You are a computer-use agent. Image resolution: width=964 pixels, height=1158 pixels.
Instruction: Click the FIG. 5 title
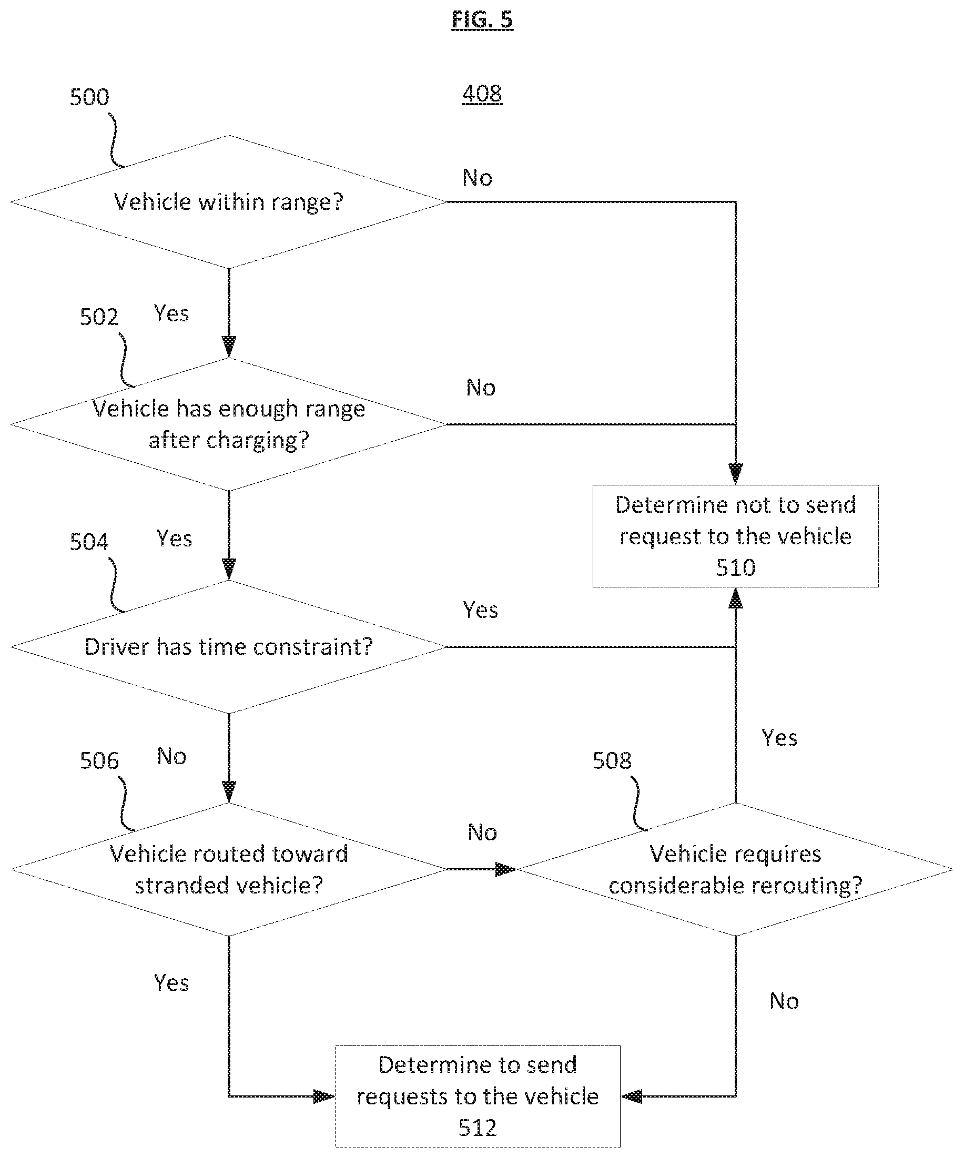pyautogui.click(x=482, y=20)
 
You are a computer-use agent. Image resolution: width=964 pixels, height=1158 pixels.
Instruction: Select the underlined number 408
pyautogui.click(x=482, y=94)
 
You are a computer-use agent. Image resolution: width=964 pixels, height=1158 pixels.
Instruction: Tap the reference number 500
pyautogui.click(x=89, y=97)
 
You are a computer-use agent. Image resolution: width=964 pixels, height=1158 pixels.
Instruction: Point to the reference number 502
pyautogui.click(x=99, y=317)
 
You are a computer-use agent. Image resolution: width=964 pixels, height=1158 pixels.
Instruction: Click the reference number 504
pyautogui.click(x=89, y=542)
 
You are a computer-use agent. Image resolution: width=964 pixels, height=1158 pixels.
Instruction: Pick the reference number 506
pyautogui.click(x=99, y=761)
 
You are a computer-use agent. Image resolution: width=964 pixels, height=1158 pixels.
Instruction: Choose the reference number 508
pyautogui.click(x=612, y=761)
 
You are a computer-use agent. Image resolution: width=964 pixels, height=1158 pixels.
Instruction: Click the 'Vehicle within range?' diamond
pyautogui.click(x=228, y=202)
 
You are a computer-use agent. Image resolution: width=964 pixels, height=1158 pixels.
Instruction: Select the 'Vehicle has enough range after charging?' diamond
pyautogui.click(x=228, y=424)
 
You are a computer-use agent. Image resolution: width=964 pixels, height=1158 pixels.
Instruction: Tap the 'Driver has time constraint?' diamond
pyautogui.click(x=228, y=647)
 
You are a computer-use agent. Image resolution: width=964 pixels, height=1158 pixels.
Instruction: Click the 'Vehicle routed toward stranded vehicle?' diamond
pyautogui.click(x=228, y=870)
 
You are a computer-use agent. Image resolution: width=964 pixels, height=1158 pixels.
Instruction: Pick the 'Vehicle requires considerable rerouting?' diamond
pyautogui.click(x=735, y=870)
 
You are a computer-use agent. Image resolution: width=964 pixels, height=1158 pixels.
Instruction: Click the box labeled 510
pyautogui.click(x=736, y=536)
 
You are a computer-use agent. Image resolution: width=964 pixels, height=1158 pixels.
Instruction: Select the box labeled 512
pyautogui.click(x=478, y=1096)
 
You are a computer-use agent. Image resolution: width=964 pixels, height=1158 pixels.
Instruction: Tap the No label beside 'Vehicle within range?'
pyautogui.click(x=478, y=178)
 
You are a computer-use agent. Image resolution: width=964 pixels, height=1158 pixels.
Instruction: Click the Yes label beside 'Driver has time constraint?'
pyautogui.click(x=481, y=610)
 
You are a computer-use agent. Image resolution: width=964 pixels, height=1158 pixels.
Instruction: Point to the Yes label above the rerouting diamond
pyautogui.click(x=780, y=738)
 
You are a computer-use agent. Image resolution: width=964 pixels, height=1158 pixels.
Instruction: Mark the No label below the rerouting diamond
pyautogui.click(x=784, y=1001)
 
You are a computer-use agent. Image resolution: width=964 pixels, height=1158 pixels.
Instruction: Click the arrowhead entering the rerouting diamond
pyautogui.click(x=506, y=870)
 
